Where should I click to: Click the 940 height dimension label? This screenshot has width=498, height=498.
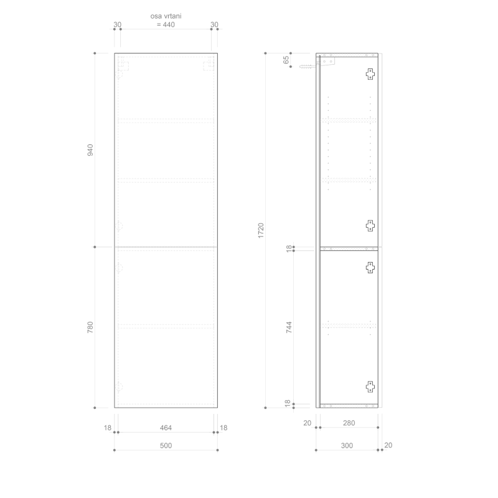(x=90, y=150)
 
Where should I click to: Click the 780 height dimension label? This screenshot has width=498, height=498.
(x=90, y=327)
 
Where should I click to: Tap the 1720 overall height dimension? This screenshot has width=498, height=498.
(x=261, y=230)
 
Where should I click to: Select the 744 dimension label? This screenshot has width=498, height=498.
(x=289, y=328)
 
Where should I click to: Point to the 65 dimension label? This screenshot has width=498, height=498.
(x=286, y=60)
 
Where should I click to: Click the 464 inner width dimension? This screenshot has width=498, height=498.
(x=166, y=428)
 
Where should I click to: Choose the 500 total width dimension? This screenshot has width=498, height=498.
(x=166, y=446)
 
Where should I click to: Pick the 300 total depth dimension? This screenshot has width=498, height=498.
(x=347, y=446)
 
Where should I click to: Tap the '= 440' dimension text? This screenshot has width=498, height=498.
(x=166, y=25)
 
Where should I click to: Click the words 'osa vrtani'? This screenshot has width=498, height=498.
(x=166, y=16)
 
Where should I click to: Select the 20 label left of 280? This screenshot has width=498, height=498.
(x=307, y=424)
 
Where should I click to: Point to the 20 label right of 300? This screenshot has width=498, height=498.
(x=388, y=445)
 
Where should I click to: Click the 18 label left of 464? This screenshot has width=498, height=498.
(x=108, y=428)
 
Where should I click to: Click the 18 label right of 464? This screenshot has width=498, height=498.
(x=224, y=428)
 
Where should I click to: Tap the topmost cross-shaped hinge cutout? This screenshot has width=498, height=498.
(x=370, y=74)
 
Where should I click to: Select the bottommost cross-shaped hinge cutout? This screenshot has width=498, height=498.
(x=370, y=386)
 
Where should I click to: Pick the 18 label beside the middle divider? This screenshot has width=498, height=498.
(x=288, y=248)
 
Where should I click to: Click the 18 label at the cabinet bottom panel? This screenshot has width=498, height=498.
(x=288, y=403)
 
